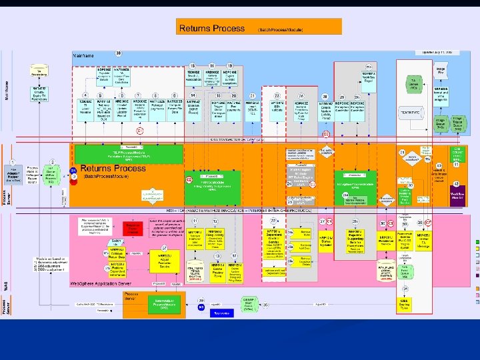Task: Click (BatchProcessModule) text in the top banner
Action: tap(282, 30)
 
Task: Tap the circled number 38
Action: tap(118, 53)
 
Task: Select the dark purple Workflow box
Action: tap(457, 196)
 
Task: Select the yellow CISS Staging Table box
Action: tap(405, 303)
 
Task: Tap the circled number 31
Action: tap(402, 153)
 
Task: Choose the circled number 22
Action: tap(273, 221)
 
